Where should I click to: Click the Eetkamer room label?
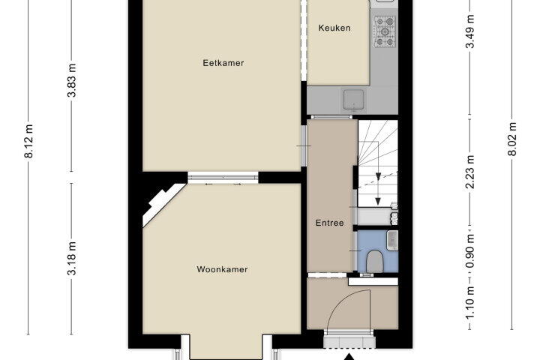click(223, 63)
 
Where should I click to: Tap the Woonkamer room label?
click(222, 269)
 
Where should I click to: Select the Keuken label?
click(334, 28)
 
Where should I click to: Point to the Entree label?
click(329, 223)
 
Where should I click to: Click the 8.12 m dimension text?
click(29, 141)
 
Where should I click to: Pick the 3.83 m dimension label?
click(72, 80)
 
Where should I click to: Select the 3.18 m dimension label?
click(72, 259)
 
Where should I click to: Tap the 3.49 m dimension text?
click(470, 31)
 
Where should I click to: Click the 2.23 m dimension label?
click(470, 172)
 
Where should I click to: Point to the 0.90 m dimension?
click(470, 250)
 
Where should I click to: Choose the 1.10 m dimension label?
click(470, 303)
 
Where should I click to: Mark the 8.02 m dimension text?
click(512, 139)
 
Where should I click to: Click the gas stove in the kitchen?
click(385, 31)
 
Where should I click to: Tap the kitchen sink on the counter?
click(353, 100)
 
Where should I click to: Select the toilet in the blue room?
click(374, 261)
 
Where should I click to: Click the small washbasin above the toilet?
click(392, 240)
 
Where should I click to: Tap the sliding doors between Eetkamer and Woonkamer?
click(223, 177)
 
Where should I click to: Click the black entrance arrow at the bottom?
click(349, 356)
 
